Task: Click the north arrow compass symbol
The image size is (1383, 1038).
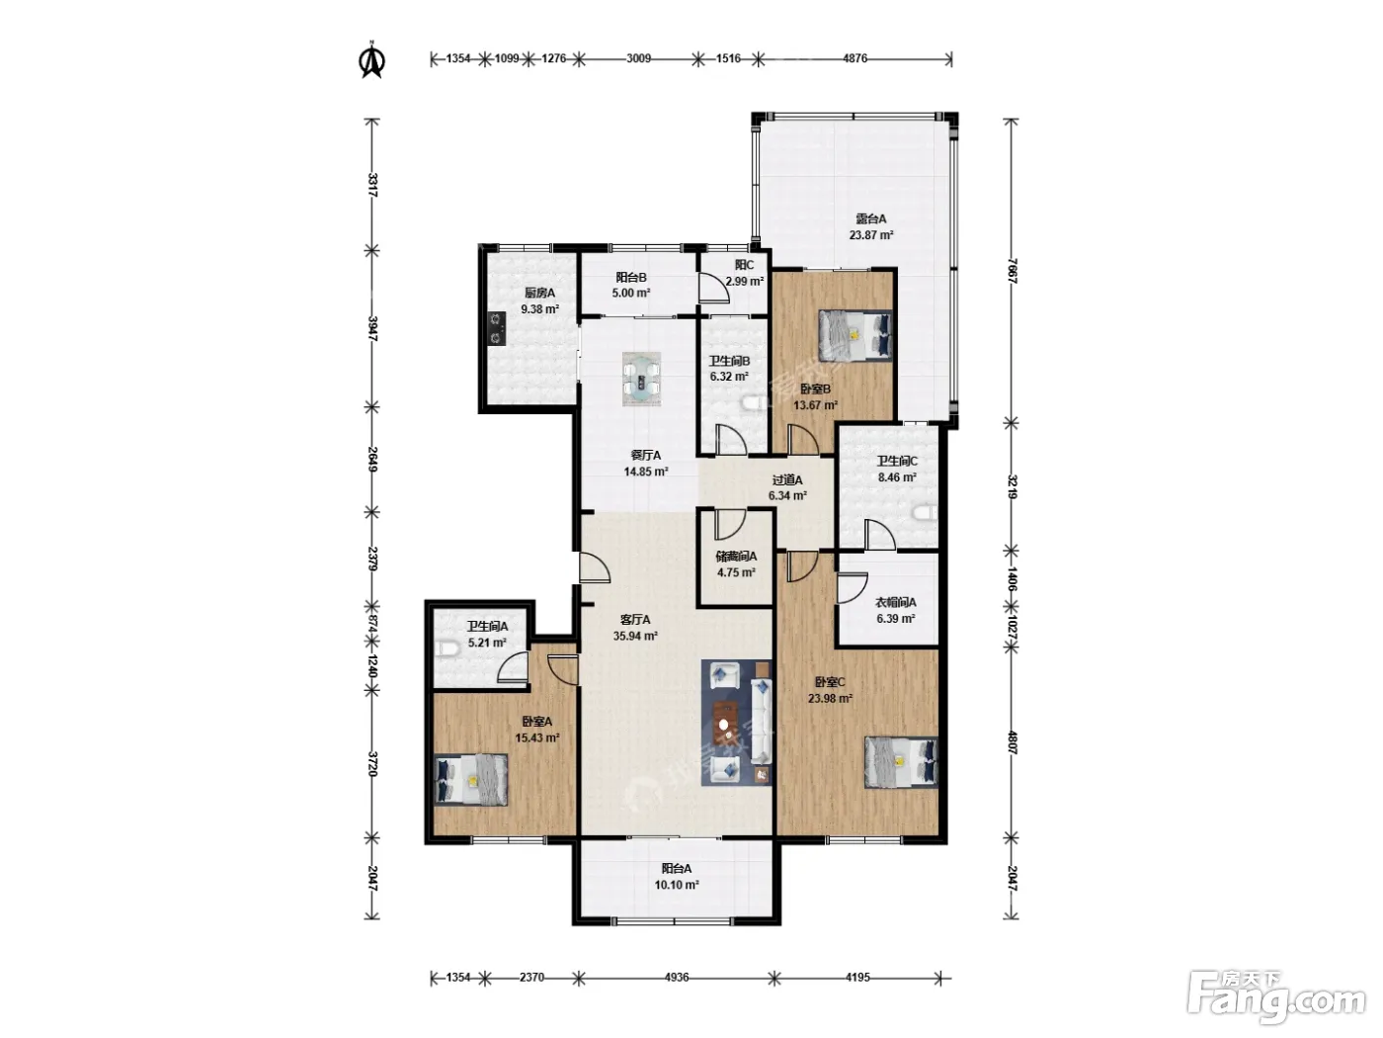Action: [371, 60]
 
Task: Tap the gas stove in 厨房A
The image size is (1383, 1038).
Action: [499, 329]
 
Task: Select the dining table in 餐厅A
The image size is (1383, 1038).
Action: [641, 380]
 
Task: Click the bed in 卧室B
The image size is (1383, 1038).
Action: [855, 335]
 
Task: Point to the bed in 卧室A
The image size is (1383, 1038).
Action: [470, 780]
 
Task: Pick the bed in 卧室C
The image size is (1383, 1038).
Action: [901, 762]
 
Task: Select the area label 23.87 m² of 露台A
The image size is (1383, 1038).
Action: [870, 235]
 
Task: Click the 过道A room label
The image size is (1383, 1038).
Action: [787, 480]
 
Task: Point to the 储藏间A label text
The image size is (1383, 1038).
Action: [736, 557]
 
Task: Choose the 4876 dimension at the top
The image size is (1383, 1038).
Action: [855, 58]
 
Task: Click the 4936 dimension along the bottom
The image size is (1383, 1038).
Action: [676, 978]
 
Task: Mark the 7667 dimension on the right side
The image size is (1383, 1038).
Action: [1012, 271]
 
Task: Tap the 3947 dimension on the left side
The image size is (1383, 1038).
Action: [372, 329]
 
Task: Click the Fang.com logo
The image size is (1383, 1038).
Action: [1276, 997]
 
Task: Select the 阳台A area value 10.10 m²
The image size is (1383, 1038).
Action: [677, 885]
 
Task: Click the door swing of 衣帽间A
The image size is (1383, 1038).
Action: [853, 588]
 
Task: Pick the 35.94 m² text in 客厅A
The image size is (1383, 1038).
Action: [636, 636]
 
